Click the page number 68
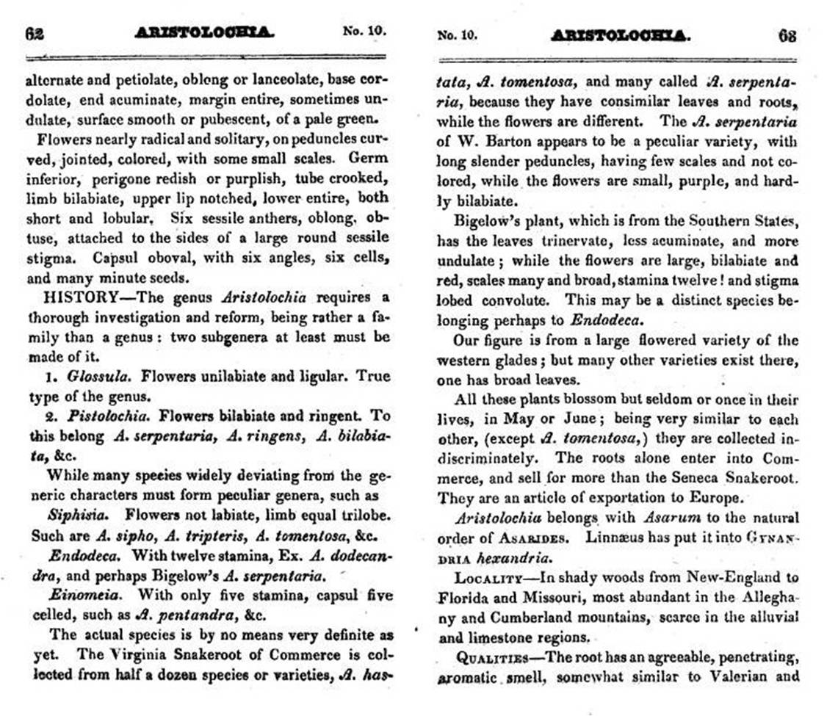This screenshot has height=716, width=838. coord(787,35)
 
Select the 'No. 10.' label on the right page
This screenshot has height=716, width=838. coord(457,35)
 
